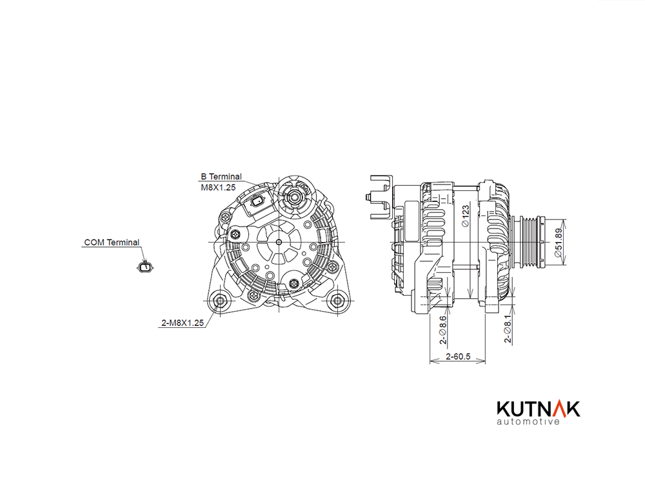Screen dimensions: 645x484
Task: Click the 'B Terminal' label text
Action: pyautogui.click(x=221, y=177)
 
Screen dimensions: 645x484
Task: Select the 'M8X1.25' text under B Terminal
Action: pyautogui.click(x=218, y=188)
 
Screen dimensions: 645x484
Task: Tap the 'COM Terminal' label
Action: pyautogui.click(x=112, y=243)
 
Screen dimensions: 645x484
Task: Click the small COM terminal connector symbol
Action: pyautogui.click(x=144, y=267)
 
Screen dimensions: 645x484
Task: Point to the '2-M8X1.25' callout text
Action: pyautogui.click(x=183, y=323)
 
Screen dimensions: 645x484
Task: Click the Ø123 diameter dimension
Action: pyautogui.click(x=465, y=216)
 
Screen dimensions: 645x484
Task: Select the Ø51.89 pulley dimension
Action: pyautogui.click(x=558, y=243)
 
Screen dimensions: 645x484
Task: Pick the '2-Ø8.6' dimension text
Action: pyautogui.click(x=442, y=330)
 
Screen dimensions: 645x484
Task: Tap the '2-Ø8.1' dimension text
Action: pyautogui.click(x=508, y=329)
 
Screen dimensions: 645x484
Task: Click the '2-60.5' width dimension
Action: pyautogui.click(x=458, y=356)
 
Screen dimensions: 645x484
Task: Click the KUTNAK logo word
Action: pyautogui.click(x=539, y=408)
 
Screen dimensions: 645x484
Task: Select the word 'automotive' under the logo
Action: pyautogui.click(x=528, y=421)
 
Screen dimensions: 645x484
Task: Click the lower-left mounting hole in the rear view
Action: pyautogui.click(x=220, y=301)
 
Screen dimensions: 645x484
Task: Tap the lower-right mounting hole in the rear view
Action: pyautogui.click(x=337, y=301)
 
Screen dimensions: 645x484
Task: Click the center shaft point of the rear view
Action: pyautogui.click(x=279, y=242)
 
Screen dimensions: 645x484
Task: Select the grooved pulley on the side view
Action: pyautogui.click(x=531, y=242)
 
